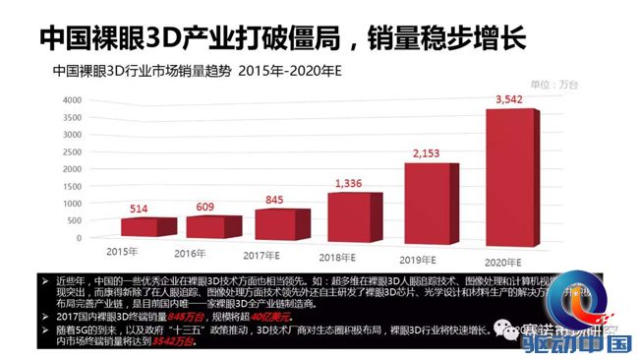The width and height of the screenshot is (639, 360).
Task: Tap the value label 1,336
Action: [x=351, y=183]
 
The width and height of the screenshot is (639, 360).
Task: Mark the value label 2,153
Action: [x=429, y=154]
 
